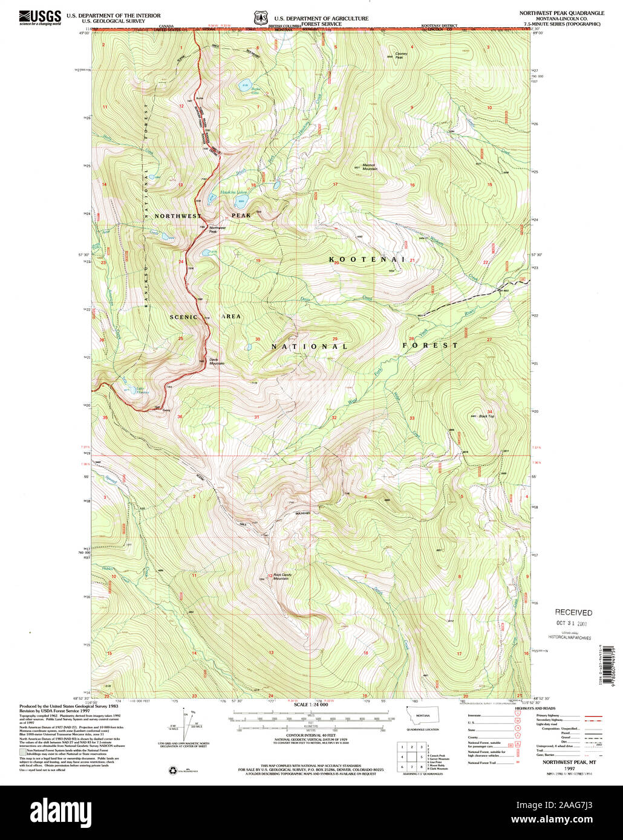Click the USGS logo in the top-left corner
(x=40, y=18)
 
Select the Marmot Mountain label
(x=370, y=167)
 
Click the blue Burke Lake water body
(x=244, y=85)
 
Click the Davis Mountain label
(x=217, y=361)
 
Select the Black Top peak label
(x=487, y=416)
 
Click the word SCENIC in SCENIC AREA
(x=183, y=317)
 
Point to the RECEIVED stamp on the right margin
(x=573, y=612)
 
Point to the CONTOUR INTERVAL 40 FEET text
(x=310, y=735)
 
